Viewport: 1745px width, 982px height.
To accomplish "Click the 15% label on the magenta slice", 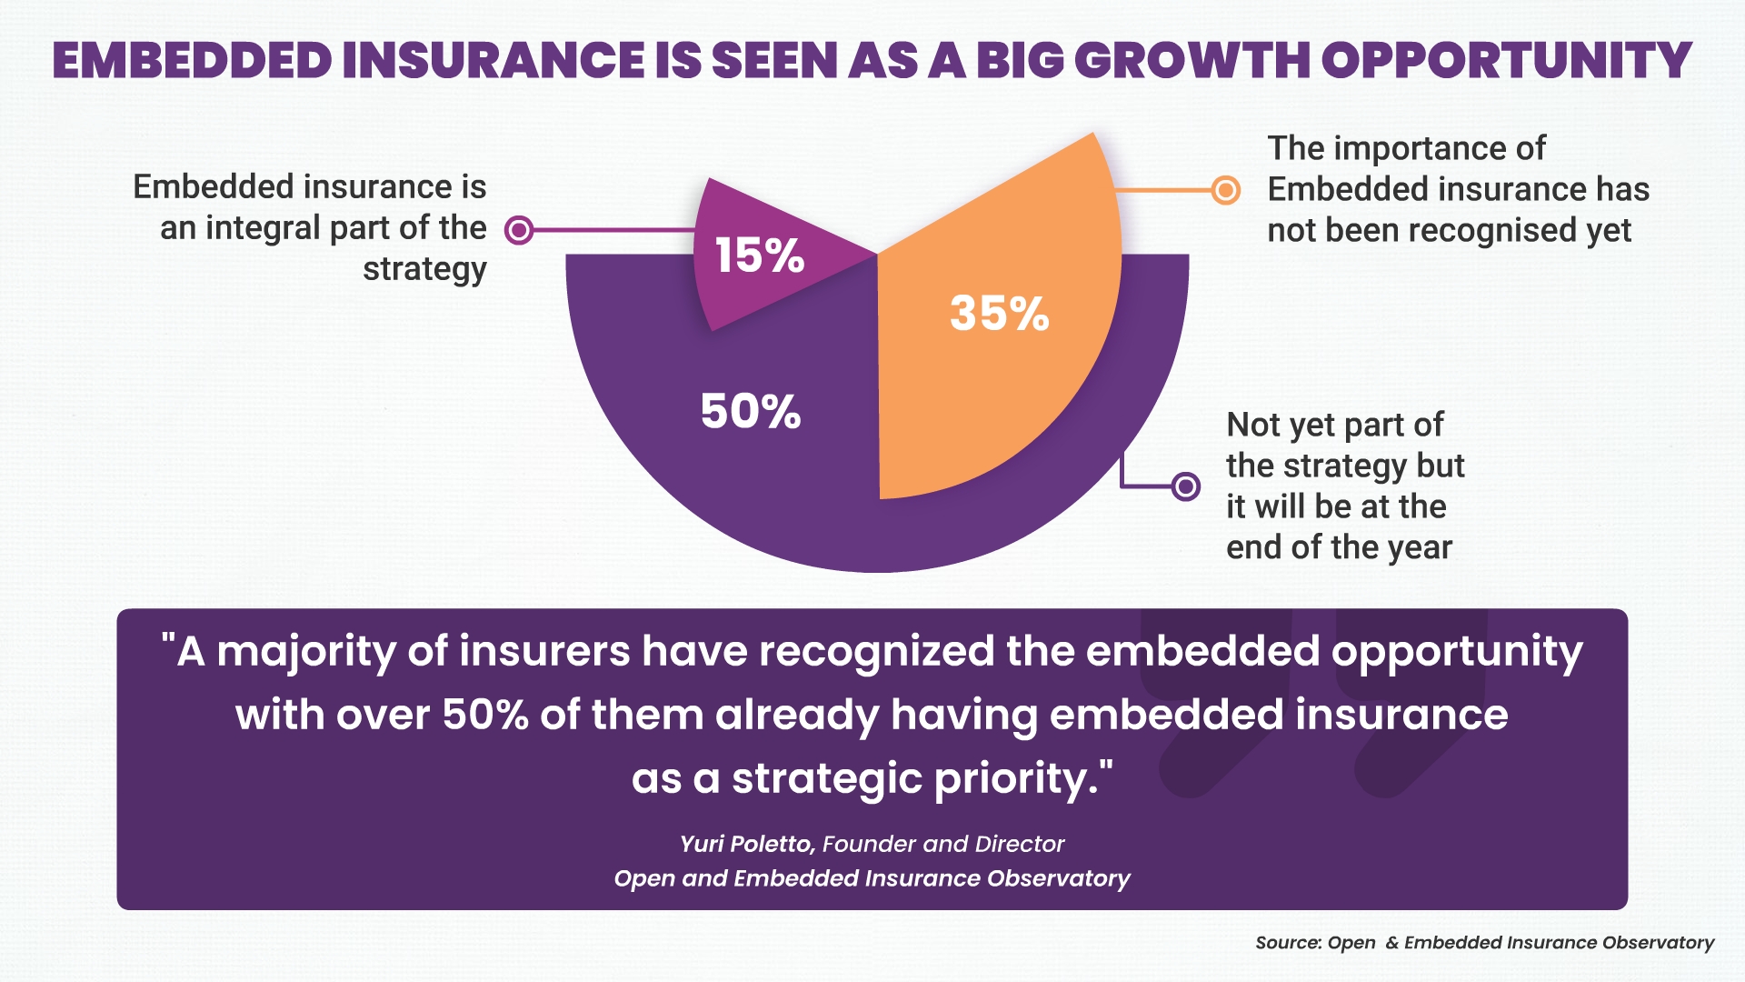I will tap(759, 256).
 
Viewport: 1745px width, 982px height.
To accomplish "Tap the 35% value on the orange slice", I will tap(999, 314).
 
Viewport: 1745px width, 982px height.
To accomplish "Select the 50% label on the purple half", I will tap(751, 411).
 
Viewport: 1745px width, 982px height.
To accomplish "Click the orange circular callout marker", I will tap(1226, 190).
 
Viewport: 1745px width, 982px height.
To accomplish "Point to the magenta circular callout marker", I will tap(519, 230).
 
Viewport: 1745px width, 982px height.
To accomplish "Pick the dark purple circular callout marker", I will tap(1185, 486).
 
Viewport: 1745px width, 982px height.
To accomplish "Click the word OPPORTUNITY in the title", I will tap(1505, 61).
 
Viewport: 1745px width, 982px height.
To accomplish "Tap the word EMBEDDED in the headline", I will tap(192, 61).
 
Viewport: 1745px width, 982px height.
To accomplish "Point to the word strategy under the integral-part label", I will tap(424, 270).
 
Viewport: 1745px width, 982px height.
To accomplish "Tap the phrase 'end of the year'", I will tap(1339, 547).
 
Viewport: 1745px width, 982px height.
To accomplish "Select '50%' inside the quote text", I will tap(485, 715).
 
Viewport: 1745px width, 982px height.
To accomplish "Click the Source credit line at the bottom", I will tap(1484, 943).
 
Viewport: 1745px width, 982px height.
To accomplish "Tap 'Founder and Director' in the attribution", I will tap(942, 844).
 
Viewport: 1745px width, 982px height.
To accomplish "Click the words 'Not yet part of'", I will tap(1334, 425).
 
